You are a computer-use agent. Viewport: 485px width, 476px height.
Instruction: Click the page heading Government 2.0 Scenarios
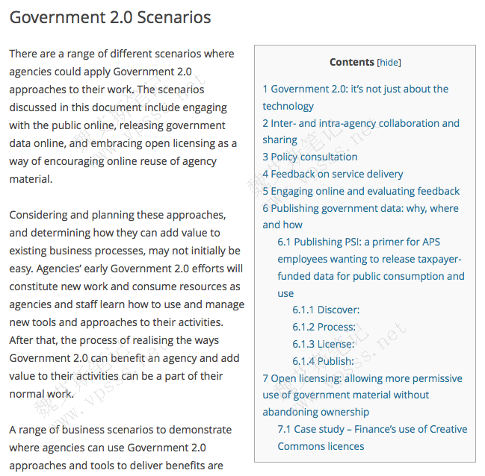110,17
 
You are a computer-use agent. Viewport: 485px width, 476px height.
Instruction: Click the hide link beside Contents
389,63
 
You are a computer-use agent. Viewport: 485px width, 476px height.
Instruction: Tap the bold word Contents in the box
351,63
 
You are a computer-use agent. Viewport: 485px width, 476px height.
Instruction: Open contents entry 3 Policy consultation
309,157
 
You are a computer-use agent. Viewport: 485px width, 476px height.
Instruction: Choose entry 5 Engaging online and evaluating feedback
361,191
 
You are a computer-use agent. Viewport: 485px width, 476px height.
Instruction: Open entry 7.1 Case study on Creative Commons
372,429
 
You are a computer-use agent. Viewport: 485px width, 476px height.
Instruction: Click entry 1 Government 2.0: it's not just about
355,89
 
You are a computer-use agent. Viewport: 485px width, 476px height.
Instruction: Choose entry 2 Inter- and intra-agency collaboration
361,123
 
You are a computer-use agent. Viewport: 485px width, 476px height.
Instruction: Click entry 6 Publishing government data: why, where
361,208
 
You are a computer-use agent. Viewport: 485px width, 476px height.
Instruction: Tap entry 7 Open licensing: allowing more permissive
362,378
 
